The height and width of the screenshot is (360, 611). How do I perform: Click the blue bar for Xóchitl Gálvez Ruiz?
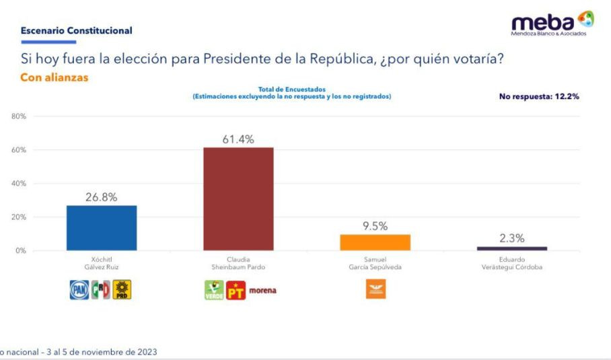coord(102,228)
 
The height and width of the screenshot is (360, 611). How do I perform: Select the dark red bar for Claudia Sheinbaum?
coord(238,199)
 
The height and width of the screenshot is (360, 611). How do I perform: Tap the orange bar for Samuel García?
coord(375,242)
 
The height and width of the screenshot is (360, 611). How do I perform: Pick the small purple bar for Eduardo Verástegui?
coord(511,248)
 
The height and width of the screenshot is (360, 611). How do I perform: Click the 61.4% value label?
coord(238,139)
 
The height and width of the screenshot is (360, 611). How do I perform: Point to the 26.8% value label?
coord(102,197)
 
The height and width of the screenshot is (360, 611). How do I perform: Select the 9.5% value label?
coord(375,226)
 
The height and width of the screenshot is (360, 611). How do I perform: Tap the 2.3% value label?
coord(511,238)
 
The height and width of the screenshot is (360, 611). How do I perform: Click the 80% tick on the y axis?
coord(19,116)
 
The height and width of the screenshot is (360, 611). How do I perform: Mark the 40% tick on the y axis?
coord(19,184)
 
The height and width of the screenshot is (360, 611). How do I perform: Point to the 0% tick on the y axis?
coord(20,250)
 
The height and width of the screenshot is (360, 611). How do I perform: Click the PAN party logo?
coord(79,290)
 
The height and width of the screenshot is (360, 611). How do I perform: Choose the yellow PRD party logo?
coord(122,290)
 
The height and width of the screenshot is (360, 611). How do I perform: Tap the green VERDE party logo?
coord(214,290)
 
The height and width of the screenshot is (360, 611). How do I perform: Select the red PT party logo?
coord(236,291)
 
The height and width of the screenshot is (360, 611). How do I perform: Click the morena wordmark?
coord(262,291)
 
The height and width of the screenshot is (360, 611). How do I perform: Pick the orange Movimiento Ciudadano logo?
coord(375,289)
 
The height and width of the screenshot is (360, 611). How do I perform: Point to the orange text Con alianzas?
coord(55,77)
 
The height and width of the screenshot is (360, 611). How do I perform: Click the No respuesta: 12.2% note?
coord(539,96)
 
